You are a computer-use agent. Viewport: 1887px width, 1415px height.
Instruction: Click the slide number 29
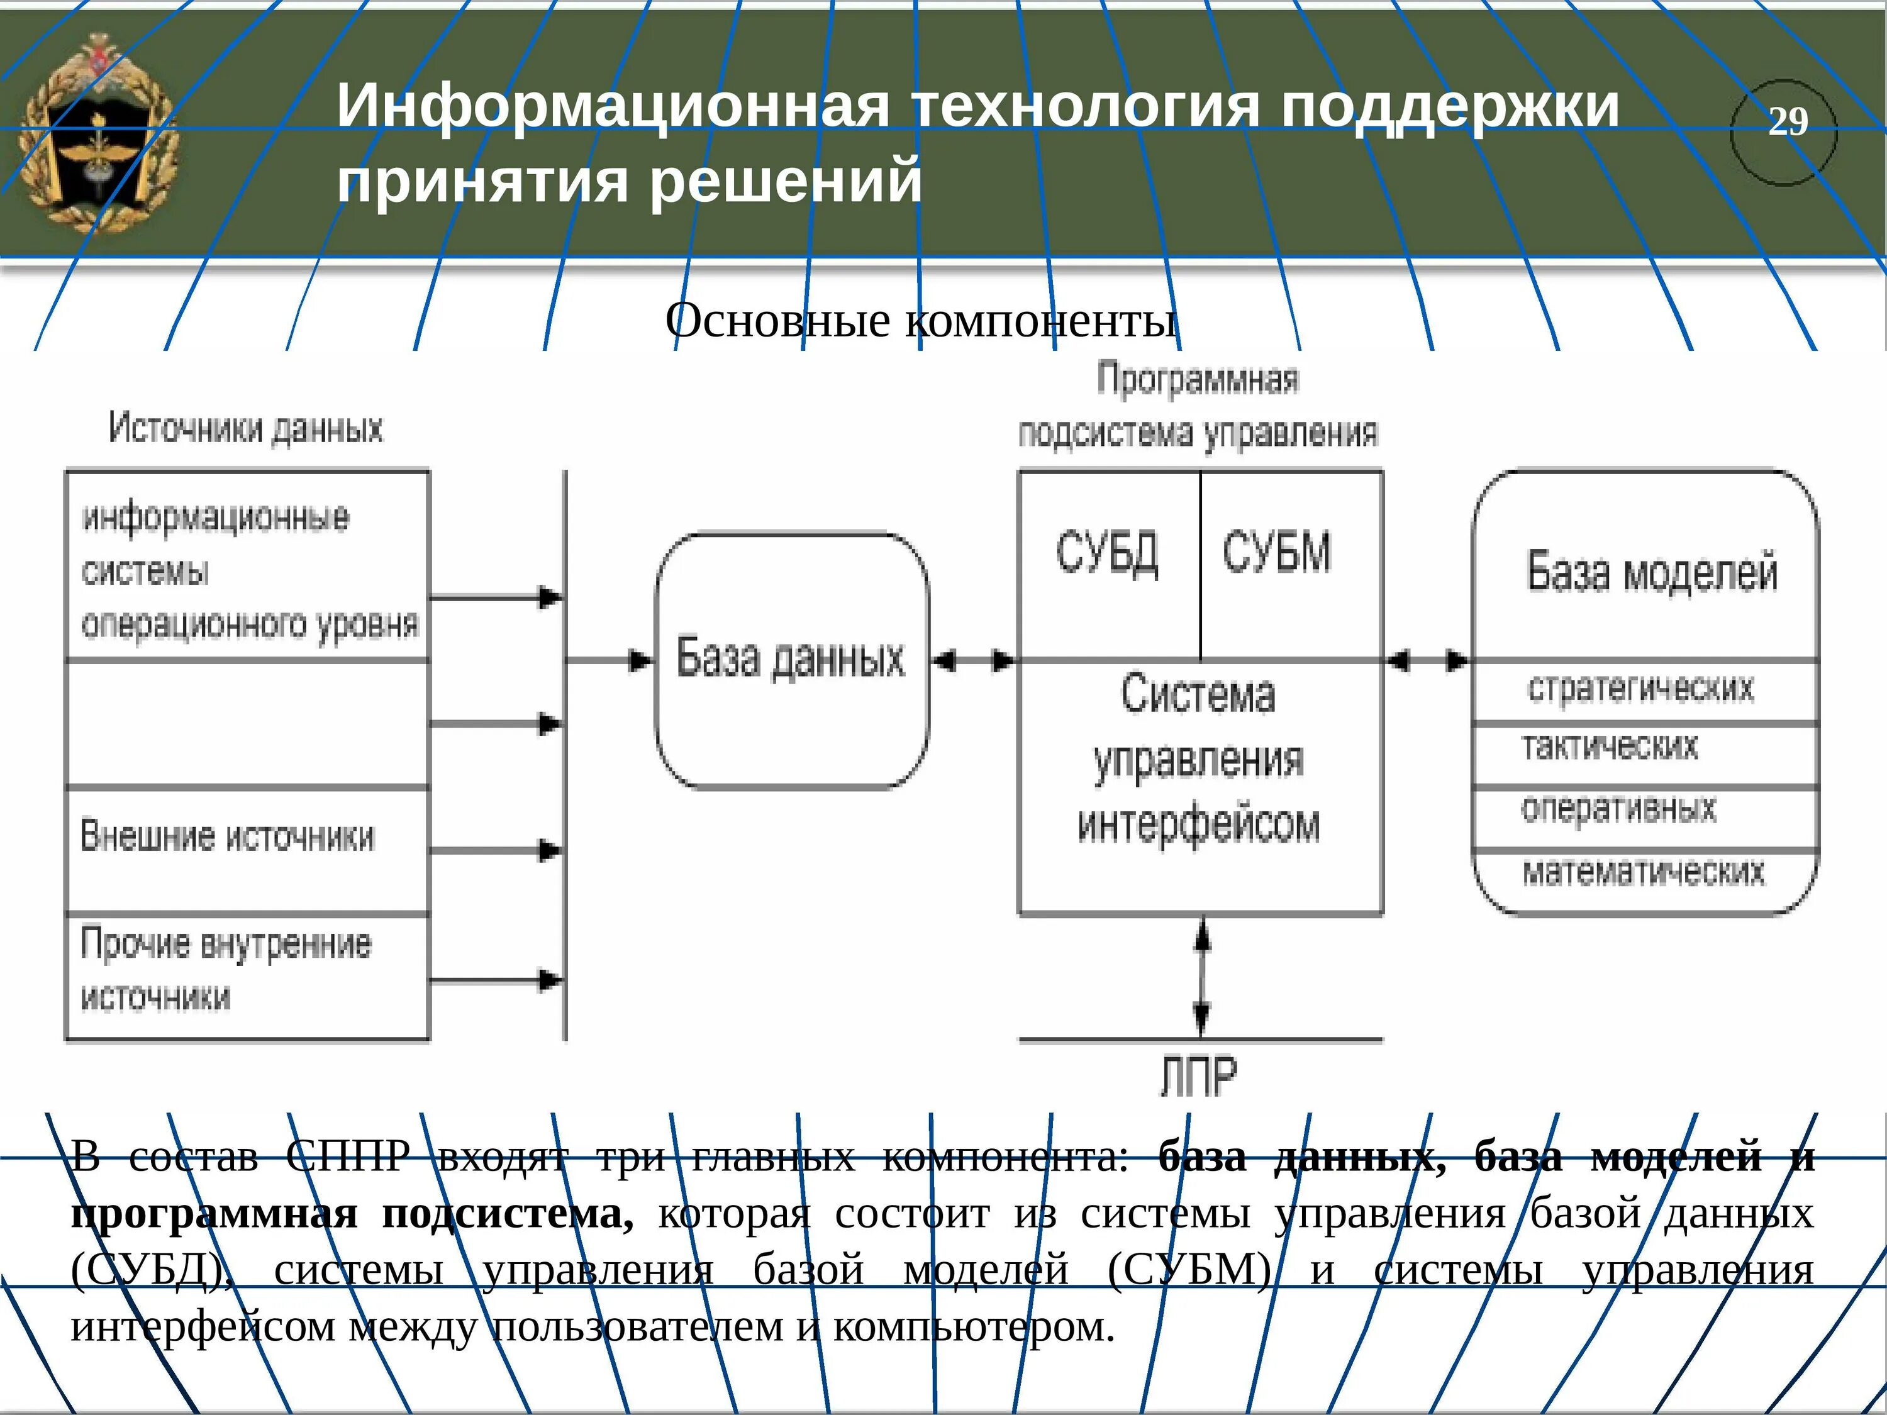(x=1787, y=122)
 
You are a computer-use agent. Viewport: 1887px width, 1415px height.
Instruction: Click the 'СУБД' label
(x=1107, y=553)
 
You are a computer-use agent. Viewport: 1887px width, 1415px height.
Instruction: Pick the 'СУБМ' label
(x=1276, y=553)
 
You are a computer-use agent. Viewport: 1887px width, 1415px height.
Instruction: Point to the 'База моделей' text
(x=1652, y=572)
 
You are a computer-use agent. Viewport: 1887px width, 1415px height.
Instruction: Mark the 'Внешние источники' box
(x=247, y=850)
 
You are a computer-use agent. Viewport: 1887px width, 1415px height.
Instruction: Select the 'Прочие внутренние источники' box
(x=247, y=977)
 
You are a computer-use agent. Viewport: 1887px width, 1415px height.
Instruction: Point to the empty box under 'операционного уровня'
(x=247, y=723)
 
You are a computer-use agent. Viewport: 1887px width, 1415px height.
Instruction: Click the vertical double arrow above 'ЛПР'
(x=1201, y=977)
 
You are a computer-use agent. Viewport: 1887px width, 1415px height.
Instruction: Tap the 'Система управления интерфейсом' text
(x=1199, y=759)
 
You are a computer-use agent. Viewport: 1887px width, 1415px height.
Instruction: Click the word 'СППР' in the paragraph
(x=347, y=1157)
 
